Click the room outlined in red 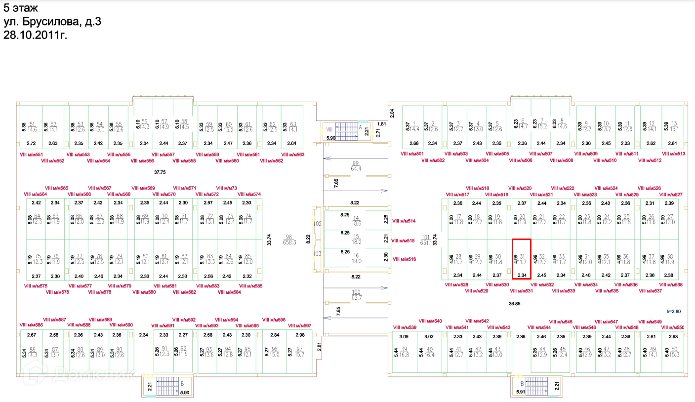pos(521,259)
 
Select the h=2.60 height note pos(674,311)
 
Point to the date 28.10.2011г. pos(35,35)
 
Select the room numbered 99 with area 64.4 pos(356,166)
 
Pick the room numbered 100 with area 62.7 pos(356,294)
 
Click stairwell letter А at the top pos(360,126)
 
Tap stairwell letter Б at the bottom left pos(183,384)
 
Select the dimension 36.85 pos(515,304)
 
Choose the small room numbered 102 pos(317,224)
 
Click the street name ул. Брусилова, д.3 pos(52,22)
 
